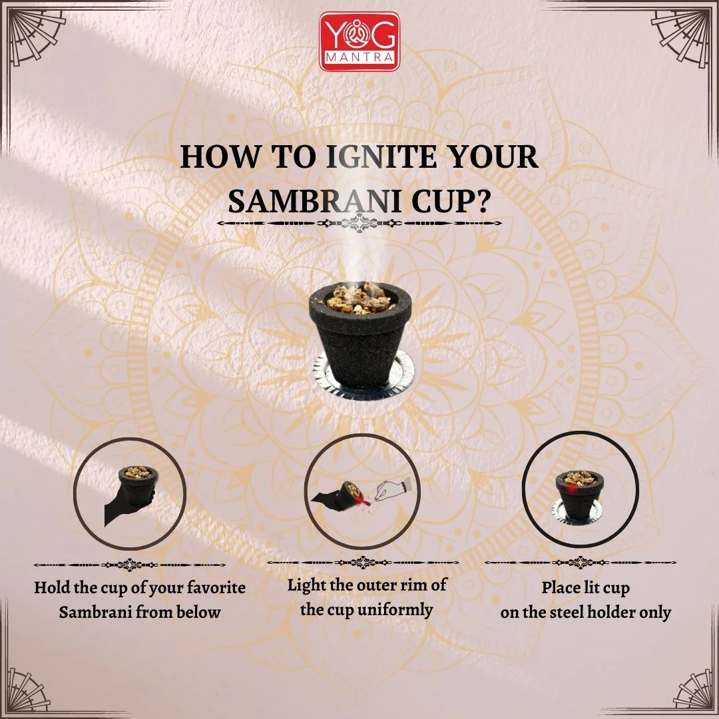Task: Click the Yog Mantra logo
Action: point(359,42)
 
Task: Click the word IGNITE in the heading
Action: point(381,157)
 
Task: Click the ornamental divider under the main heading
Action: point(359,224)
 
